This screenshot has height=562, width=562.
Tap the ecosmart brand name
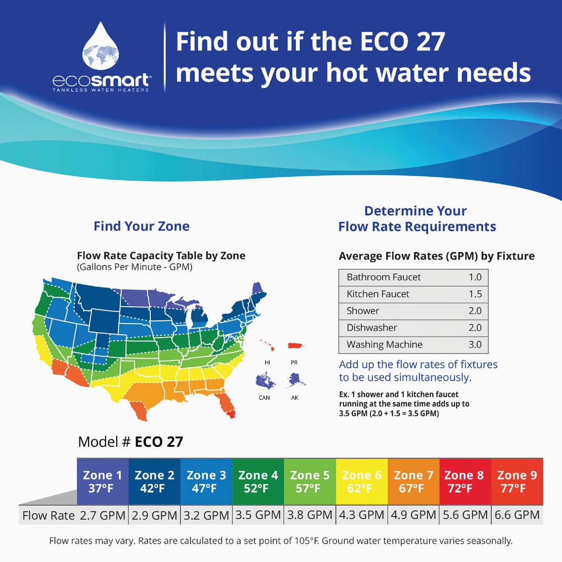pos(101,80)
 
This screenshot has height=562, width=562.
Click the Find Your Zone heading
pos(141,226)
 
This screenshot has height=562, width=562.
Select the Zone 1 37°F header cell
pos(103,481)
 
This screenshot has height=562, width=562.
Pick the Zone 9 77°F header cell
pos(517,481)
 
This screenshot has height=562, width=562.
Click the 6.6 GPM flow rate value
pos(517,515)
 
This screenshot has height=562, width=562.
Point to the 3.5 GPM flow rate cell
pos(258,515)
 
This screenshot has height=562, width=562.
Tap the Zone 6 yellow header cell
pos(362,481)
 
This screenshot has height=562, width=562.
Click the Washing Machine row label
pos(385,345)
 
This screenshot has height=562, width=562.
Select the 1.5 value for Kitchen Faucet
pos(475,294)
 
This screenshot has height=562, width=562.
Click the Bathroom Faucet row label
pos(384,277)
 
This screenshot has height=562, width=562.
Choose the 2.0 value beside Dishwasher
pos(475,328)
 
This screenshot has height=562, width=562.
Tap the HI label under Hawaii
pos(267,362)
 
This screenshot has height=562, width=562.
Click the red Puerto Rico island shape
pos(296,346)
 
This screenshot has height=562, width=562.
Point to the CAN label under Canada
pos(264,398)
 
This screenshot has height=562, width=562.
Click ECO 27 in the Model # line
pos(159,442)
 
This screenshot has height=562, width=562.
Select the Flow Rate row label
pos(48,516)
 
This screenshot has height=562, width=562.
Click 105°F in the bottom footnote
pos(307,541)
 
